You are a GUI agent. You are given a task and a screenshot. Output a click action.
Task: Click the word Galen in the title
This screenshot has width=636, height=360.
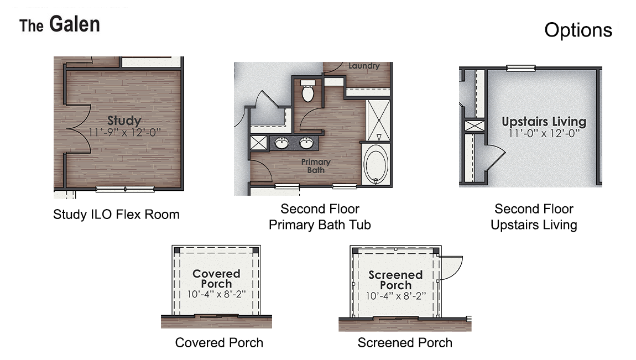pos(75,24)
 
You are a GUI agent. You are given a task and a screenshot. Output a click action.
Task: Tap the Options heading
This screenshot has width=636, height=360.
pos(578,30)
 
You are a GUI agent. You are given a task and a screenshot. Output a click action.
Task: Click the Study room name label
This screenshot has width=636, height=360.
pos(124,121)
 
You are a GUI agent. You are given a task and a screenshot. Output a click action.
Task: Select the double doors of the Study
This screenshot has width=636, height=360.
pos(77,129)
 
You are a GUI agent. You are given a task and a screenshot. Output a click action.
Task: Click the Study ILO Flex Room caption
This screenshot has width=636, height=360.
pos(116,215)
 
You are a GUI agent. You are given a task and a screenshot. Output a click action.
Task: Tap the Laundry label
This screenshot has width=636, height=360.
pos(364,66)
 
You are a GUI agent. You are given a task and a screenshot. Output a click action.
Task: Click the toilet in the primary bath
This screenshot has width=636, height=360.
pos(307,91)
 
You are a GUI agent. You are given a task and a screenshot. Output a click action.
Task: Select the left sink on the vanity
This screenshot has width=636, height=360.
pos(282,144)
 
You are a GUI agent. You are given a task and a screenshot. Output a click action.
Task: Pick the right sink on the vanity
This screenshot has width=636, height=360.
pos(306,144)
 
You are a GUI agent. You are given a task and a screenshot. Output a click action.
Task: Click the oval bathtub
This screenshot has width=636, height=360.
pos(377,165)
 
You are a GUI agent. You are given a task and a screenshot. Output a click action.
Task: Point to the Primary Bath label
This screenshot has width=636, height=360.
pos(316,166)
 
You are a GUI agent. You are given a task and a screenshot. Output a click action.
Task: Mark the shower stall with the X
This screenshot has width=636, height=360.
pos(379,119)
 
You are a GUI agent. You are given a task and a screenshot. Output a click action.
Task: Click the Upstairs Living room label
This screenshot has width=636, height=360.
pos(544,122)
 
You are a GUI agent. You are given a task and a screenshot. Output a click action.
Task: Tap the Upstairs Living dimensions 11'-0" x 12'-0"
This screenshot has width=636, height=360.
pos(544,134)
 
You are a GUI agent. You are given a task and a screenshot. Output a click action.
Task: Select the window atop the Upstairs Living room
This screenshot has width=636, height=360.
pos(520,68)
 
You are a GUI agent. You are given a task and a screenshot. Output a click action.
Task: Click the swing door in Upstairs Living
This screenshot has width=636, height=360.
pos(493,157)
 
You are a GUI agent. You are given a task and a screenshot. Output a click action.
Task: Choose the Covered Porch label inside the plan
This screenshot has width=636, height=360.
pos(216,278)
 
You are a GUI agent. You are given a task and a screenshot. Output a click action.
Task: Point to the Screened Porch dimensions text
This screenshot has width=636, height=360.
pos(395,296)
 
